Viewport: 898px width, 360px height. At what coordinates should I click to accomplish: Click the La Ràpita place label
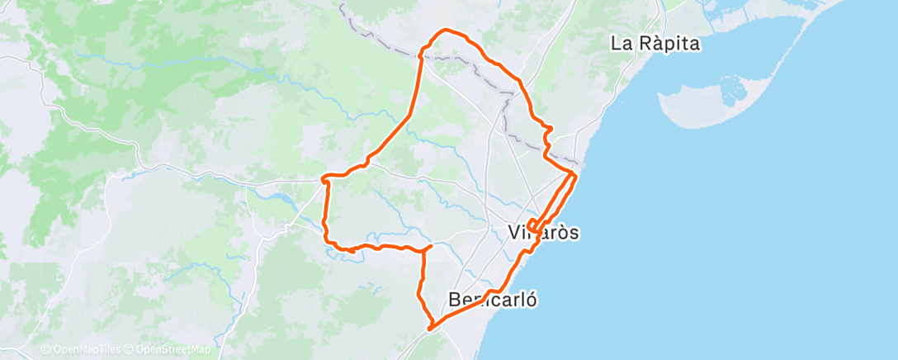point(655,44)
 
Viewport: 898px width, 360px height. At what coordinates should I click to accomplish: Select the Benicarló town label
point(493,300)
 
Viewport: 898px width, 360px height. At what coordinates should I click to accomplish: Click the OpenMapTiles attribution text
point(86,350)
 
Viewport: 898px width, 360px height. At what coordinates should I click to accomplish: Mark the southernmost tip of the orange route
point(429,329)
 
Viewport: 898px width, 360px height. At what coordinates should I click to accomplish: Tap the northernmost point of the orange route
point(447,31)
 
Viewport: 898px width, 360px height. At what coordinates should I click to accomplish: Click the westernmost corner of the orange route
point(323,177)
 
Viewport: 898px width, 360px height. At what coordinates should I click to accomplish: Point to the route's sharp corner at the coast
point(574,173)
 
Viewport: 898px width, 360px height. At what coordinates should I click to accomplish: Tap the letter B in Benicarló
point(455,300)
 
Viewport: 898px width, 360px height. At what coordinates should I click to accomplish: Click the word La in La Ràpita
point(621,44)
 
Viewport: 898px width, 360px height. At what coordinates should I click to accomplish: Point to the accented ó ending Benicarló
point(532,300)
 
